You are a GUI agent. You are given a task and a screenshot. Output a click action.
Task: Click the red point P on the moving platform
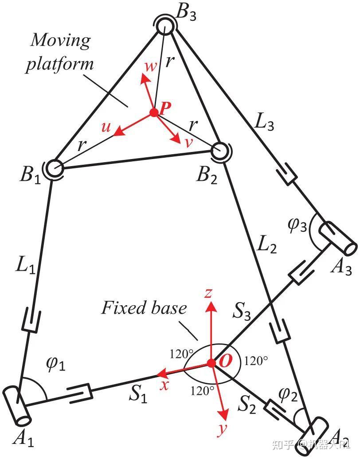coord(154,113)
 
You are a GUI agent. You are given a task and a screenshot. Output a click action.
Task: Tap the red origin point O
coord(211,363)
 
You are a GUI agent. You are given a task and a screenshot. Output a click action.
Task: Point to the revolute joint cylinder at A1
coord(16,405)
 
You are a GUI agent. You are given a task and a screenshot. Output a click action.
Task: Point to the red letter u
coord(106,127)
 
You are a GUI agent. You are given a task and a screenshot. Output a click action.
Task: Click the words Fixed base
coord(144,308)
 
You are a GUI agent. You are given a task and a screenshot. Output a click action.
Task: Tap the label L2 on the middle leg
coord(266,244)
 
